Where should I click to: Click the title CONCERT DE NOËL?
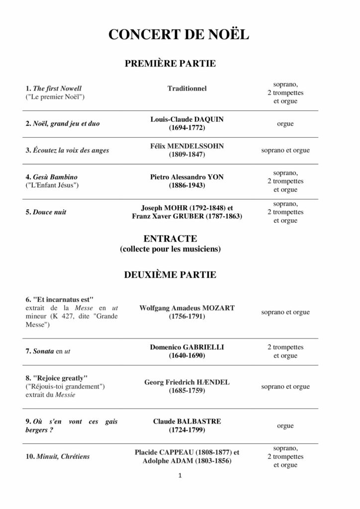click(180, 35)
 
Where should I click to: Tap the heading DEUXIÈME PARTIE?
click(170, 274)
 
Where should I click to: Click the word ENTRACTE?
click(170, 239)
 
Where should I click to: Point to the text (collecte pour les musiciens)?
click(170, 249)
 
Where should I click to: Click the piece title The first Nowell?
click(57, 88)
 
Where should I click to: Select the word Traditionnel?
click(187, 88)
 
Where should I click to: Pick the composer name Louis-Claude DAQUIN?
click(187, 119)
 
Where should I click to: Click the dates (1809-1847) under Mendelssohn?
click(187, 155)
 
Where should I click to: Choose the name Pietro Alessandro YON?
click(187, 177)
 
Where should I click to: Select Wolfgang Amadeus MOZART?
click(187, 308)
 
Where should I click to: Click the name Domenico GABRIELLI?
click(187, 347)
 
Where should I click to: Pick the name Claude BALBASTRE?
click(187, 421)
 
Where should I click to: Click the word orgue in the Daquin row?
click(285, 124)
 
